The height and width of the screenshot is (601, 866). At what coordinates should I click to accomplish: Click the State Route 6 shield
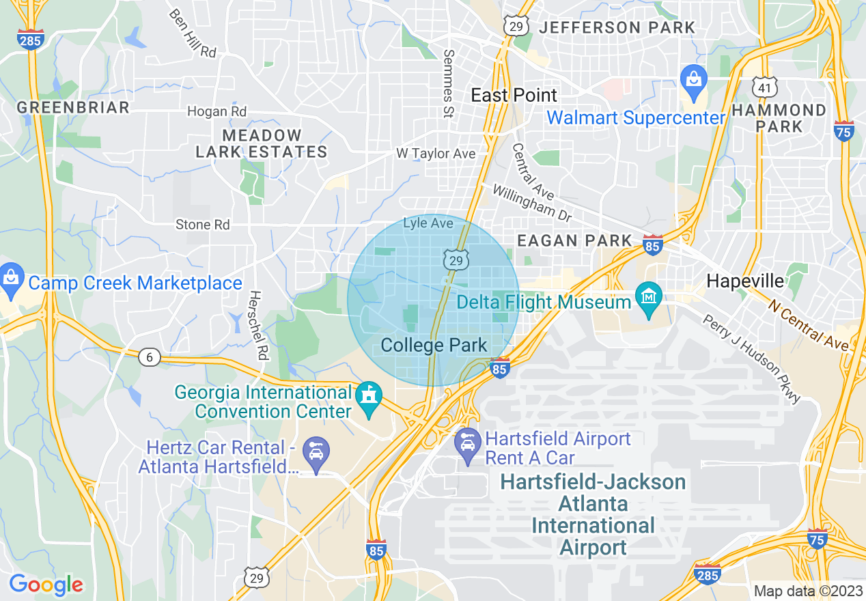[x=149, y=357]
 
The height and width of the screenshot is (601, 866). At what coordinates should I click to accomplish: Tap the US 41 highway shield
[x=764, y=87]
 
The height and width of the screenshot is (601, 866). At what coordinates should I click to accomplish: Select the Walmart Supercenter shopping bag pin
[x=694, y=81]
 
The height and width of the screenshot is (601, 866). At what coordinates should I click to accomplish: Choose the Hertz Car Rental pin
[x=316, y=453]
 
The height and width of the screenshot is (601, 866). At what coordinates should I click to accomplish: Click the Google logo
[x=46, y=585]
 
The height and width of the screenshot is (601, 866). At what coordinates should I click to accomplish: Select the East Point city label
[x=514, y=95]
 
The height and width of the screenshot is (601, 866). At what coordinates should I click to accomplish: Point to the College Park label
[x=434, y=346]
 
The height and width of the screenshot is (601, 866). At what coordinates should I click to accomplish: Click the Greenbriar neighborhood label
[x=73, y=107]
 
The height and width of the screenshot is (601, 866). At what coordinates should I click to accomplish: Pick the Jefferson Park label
[x=617, y=28]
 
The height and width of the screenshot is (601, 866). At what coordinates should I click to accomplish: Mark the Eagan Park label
[x=574, y=240]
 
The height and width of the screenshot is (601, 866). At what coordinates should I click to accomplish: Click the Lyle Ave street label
[x=428, y=223]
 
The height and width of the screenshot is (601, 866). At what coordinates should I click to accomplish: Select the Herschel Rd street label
[x=258, y=321]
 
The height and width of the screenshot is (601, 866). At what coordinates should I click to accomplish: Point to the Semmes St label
[x=449, y=83]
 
